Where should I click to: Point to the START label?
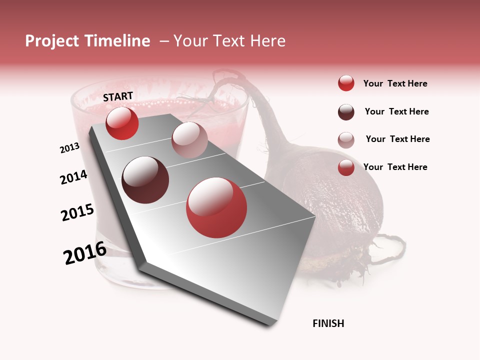coord(118,96)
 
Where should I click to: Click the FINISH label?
coord(328,323)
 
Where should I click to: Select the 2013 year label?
coord(70,148)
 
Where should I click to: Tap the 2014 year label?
coord(73,177)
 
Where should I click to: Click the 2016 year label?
coord(85,253)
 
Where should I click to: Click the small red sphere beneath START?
coord(122,123)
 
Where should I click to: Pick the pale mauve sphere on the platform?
coord(189,140)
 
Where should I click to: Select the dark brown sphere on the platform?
coord(145,180)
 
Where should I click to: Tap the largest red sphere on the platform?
coord(216,207)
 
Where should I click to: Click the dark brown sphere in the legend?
coord(346,112)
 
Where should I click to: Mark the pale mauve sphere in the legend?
coord(346,140)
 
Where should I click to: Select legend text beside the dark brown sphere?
coord(396,111)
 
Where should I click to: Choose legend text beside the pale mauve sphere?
coord(397,139)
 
